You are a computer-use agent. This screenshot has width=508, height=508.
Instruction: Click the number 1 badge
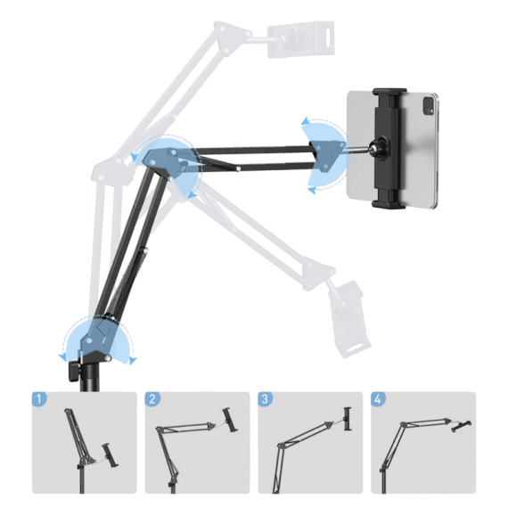tap(39, 398)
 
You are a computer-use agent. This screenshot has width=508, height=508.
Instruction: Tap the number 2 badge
tap(152, 398)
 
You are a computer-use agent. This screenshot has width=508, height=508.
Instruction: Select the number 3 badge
tap(266, 398)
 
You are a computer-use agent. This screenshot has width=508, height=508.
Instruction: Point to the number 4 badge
tap(378, 398)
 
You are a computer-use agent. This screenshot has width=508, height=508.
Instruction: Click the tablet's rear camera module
tap(427, 106)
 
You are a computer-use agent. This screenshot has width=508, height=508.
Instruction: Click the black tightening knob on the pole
tap(74, 373)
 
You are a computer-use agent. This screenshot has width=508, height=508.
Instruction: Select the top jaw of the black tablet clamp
tap(389, 92)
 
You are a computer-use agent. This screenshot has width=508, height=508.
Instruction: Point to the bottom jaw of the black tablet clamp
tap(388, 203)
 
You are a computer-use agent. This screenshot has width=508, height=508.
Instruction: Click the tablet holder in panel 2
tap(229, 420)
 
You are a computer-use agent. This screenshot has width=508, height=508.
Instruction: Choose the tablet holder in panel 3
tap(348, 419)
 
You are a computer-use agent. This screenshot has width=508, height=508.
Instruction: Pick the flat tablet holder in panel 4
tap(461, 425)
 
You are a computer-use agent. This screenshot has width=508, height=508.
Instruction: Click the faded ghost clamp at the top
tap(300, 39)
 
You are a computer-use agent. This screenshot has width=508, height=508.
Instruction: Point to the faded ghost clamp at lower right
tap(349, 318)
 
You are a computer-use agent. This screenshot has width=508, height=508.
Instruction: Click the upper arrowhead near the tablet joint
tap(306, 121)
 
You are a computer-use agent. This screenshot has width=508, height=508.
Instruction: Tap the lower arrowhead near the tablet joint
tap(311, 191)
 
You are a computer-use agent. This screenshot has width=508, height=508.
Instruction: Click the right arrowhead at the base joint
tap(133, 360)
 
